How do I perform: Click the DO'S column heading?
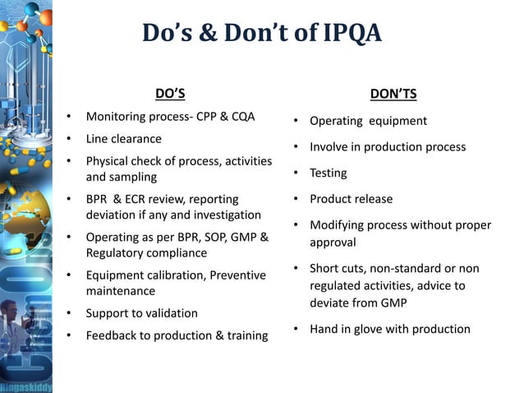[x=170, y=93]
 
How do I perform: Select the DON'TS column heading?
[x=393, y=94]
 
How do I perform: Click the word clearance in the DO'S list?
[x=136, y=138]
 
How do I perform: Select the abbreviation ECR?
[x=148, y=199]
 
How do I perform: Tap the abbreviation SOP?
[x=213, y=238]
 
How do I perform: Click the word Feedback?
[x=113, y=335]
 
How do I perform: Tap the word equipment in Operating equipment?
[x=398, y=121]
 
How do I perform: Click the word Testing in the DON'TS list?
[x=328, y=173]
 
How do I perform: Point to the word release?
[x=374, y=199]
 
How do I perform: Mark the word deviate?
[x=332, y=303]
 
